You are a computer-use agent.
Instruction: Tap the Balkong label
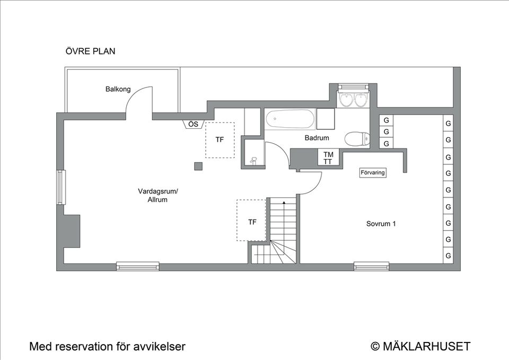[x=118, y=89]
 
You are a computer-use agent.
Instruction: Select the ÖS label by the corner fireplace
[x=194, y=124]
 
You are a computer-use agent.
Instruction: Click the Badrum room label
[x=317, y=138]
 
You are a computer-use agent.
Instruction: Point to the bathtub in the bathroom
[x=289, y=119]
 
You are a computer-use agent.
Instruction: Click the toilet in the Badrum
[x=356, y=139]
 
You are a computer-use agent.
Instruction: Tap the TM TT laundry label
[x=328, y=158]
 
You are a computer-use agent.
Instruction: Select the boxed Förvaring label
[x=373, y=173]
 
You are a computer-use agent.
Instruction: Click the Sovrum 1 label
[x=381, y=224]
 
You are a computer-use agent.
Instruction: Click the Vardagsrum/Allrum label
[x=158, y=196]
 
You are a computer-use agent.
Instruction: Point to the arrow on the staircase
[x=284, y=203]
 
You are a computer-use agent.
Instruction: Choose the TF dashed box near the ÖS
[x=220, y=140]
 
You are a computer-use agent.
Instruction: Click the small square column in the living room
[x=198, y=166]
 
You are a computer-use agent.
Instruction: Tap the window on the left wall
[x=61, y=187]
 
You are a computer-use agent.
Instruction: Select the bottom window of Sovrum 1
[x=371, y=266]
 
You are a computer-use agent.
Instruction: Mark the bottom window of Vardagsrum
[x=138, y=266]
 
